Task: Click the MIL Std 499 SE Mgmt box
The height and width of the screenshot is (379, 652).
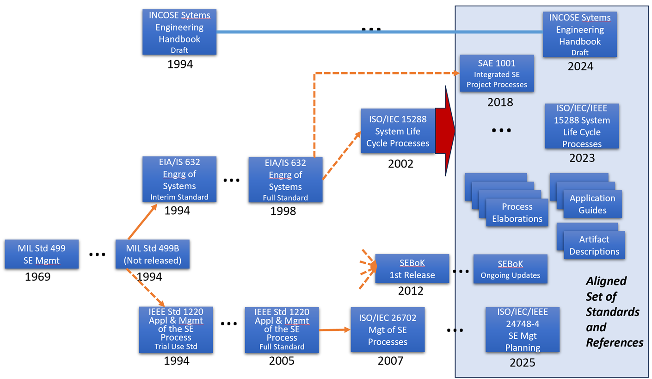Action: point(41,254)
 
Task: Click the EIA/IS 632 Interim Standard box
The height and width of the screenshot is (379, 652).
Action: point(179,180)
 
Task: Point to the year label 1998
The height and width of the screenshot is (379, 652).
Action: point(283,211)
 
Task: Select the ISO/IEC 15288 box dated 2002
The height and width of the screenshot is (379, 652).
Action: point(397,131)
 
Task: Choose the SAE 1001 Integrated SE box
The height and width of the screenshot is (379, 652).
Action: point(497,73)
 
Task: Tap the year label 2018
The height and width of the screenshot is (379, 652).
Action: point(500,102)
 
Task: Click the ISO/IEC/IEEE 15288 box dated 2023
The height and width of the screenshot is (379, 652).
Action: point(581,126)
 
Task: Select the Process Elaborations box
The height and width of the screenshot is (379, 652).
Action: point(517,213)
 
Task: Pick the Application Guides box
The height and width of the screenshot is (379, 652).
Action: point(592,204)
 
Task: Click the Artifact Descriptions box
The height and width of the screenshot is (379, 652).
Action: point(594,245)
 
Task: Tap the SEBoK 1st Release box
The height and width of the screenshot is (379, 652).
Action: point(412,269)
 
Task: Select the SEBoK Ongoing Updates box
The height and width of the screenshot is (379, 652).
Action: point(510,269)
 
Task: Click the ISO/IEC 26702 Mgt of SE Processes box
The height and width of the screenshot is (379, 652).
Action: point(388,329)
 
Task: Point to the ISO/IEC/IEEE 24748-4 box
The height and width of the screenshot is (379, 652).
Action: point(523,329)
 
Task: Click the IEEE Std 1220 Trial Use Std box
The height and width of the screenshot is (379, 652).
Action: point(176,329)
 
